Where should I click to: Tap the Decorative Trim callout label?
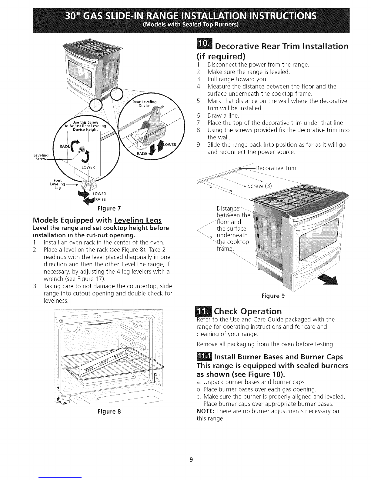click(276, 168)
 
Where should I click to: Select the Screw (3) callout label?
click(259, 186)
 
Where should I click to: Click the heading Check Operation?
click(248, 312)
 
